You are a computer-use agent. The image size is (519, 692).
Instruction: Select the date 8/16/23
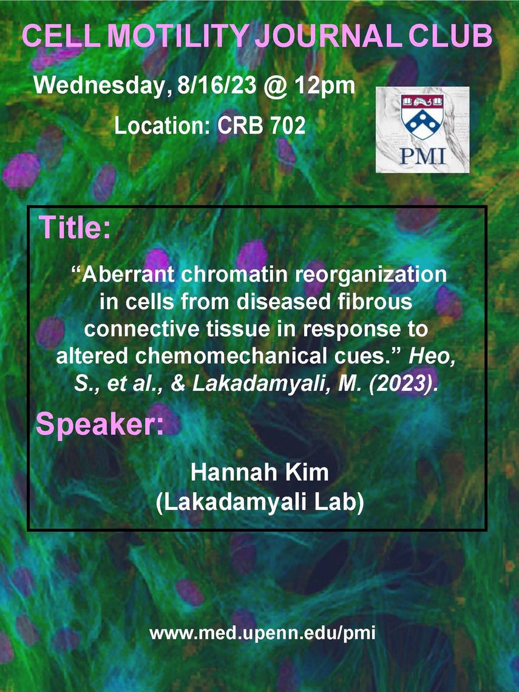click(217, 85)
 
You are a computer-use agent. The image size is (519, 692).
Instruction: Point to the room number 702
click(288, 126)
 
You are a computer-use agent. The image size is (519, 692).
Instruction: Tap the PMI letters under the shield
click(422, 156)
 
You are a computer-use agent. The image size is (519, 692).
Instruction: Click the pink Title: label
click(75, 227)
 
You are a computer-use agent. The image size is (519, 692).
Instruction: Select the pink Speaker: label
click(100, 424)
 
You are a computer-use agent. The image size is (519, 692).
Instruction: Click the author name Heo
click(432, 356)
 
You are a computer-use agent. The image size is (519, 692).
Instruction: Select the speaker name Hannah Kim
click(260, 473)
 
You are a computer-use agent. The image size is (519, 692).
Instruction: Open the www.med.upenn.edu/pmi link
click(263, 633)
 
